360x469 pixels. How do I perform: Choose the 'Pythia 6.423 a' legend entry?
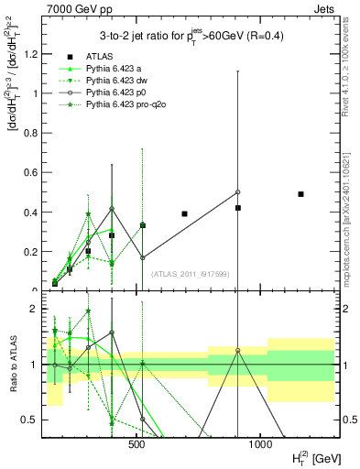pos(114,69)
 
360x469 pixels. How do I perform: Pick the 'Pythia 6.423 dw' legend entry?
pos(116,81)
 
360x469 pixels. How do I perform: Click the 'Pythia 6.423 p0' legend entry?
pos(116,93)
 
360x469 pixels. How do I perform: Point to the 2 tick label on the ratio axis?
pos(35,310)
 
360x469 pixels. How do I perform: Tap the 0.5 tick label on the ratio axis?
pos(30,420)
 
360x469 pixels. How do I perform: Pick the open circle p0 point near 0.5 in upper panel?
pos(237,192)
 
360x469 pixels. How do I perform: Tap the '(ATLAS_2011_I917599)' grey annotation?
pos(188,273)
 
